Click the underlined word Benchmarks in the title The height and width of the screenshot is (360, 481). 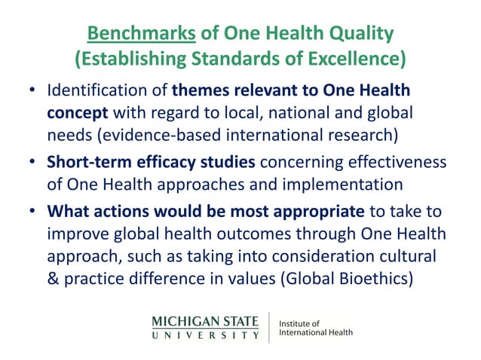click(x=133, y=34)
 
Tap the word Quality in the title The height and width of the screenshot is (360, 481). click(x=360, y=34)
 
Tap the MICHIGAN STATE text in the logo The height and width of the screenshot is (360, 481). click(x=205, y=319)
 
